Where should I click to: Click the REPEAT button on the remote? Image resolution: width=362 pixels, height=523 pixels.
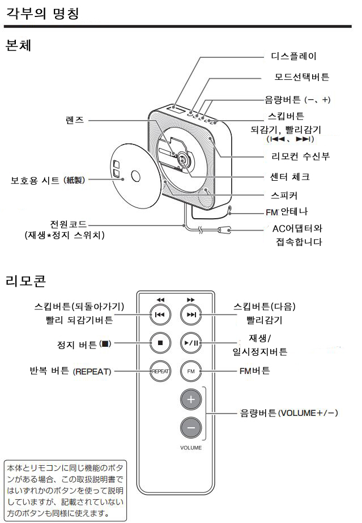(160, 372)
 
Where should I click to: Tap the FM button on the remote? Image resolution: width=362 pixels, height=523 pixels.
(191, 372)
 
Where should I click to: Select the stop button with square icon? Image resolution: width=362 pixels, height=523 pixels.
(160, 343)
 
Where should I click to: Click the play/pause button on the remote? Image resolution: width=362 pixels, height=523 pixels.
(191, 343)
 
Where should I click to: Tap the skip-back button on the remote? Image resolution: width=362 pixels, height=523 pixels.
(160, 315)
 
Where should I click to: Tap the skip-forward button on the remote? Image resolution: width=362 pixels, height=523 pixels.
(191, 315)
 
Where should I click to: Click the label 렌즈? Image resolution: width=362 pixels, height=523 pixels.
(74, 120)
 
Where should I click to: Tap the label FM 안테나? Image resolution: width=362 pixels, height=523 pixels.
(287, 212)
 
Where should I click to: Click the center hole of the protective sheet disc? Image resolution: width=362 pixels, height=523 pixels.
(137, 175)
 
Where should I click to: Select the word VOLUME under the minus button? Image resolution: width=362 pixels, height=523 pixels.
(191, 448)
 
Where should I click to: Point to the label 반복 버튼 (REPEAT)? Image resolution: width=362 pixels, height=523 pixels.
(70, 372)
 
